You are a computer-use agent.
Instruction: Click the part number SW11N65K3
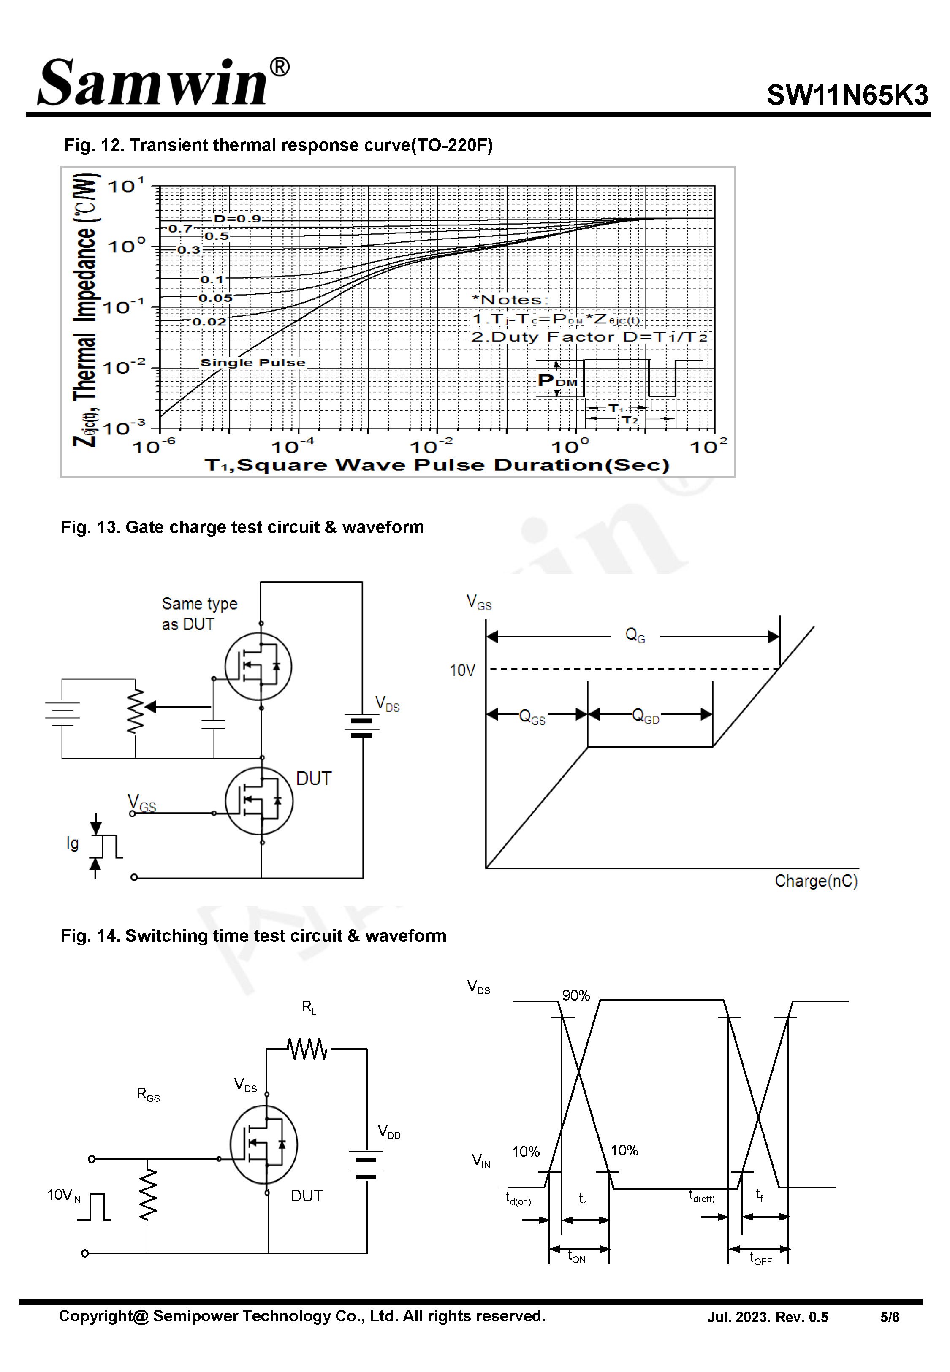(x=847, y=95)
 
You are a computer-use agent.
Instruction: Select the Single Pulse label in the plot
(x=252, y=362)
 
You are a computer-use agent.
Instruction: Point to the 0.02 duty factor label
(x=209, y=322)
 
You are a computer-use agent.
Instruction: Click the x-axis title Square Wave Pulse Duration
(x=437, y=465)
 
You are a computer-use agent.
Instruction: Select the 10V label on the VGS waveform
(x=462, y=670)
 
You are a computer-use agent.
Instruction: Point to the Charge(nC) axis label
(x=815, y=881)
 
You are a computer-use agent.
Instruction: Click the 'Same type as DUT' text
(x=199, y=613)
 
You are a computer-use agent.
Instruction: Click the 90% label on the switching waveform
(x=575, y=995)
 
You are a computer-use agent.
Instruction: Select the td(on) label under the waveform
(x=518, y=1198)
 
